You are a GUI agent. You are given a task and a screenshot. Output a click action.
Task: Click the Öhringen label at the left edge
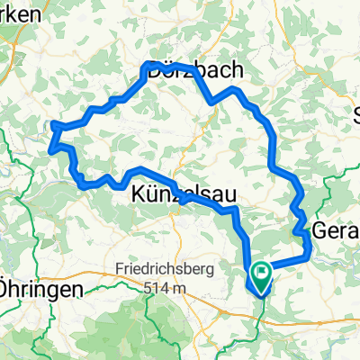pyautogui.click(x=41, y=291)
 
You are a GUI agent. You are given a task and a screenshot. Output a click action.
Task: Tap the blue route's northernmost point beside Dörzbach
pyautogui.click(x=148, y=62)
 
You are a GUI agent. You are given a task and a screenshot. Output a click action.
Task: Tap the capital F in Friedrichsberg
pyautogui.click(x=121, y=269)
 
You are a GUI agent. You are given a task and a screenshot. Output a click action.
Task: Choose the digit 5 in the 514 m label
pyautogui.click(x=147, y=287)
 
